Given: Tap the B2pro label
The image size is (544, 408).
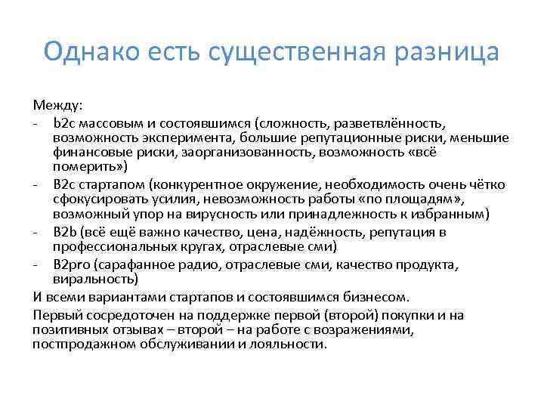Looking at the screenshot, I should click(x=69, y=264).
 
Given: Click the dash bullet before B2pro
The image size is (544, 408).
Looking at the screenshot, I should click(x=37, y=264).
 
